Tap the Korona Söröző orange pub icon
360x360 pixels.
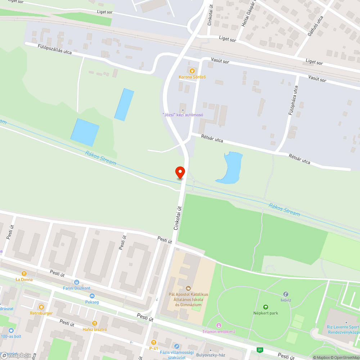click(x=192, y=71)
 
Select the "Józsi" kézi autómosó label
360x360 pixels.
click(x=183, y=115)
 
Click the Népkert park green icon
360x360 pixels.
click(x=266, y=307)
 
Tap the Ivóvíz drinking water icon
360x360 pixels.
click(x=286, y=294)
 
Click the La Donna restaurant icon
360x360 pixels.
click(x=24, y=274)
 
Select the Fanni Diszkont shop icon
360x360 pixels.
click(x=77, y=282)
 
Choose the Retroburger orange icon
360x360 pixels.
click(x=41, y=307)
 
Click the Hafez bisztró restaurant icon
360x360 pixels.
click(x=95, y=323)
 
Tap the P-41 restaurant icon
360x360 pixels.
click(x=154, y=342)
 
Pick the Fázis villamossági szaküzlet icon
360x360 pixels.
click(x=176, y=346)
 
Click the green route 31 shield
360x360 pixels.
click(x=260, y=350)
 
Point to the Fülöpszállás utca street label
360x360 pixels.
click(x=55, y=49)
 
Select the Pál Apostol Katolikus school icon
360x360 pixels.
click(x=188, y=288)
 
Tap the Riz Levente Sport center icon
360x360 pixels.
click(x=346, y=323)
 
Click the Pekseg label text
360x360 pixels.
click(x=92, y=302)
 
